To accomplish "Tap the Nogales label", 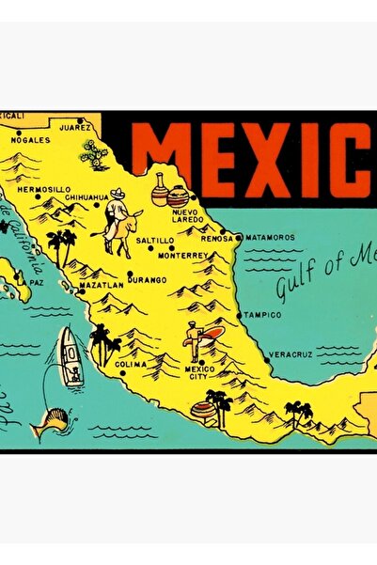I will [29, 139].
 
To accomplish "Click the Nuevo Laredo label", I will [185, 217].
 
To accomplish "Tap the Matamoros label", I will [272, 238].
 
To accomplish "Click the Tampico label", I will [262, 315].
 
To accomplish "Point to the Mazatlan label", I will [102, 283].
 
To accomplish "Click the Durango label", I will [147, 279].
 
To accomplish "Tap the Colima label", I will [131, 364].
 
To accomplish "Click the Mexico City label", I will [199, 372].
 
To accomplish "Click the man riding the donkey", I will [118, 223].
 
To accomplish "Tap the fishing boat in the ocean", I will [70, 357].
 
